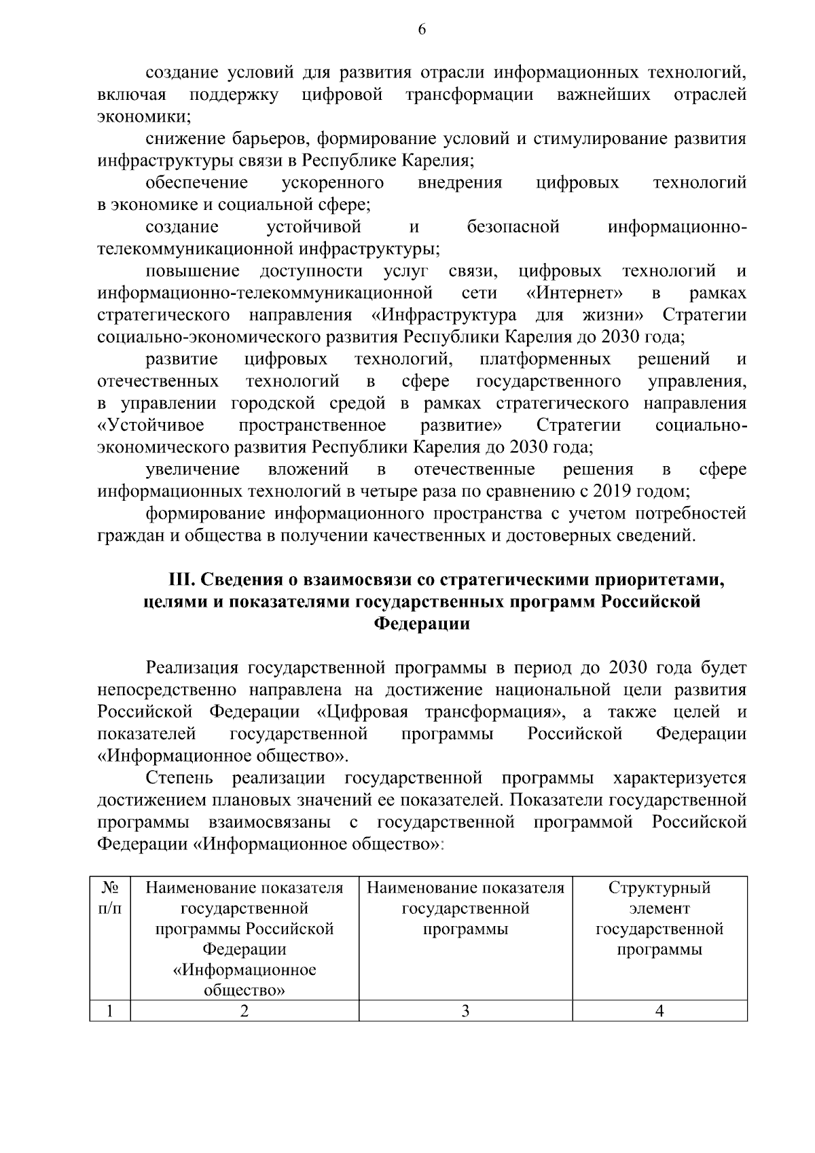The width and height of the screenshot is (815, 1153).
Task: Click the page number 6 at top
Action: pos(422,29)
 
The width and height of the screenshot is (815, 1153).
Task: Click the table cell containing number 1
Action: pos(110,1010)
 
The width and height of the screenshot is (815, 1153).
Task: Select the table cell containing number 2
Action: pos(244,1010)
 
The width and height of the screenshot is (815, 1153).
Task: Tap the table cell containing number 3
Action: pos(465,1010)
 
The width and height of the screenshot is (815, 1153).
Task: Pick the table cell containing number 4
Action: pos(659,1010)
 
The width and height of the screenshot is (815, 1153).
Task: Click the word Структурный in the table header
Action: pos(659,888)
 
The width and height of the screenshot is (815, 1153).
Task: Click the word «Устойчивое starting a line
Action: pos(151,425)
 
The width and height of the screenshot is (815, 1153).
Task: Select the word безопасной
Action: pos(513,226)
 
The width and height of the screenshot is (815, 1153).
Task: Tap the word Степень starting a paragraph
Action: pos(179,777)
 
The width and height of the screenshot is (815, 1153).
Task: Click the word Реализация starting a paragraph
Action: pos(192,668)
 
